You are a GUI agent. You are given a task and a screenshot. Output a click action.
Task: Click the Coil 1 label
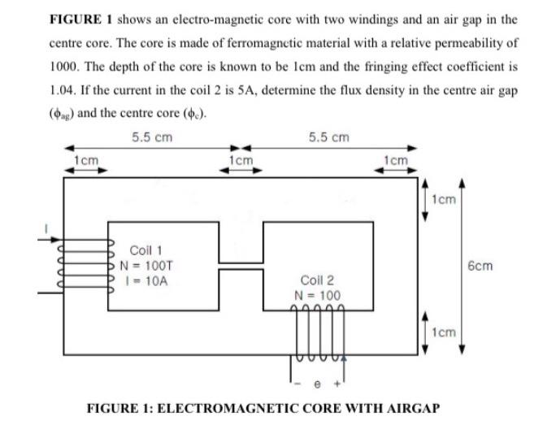pyautogui.click(x=147, y=250)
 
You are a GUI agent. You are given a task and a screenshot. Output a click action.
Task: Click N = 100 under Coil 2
pyautogui.click(x=318, y=294)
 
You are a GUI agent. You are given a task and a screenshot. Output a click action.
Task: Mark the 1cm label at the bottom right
pyautogui.click(x=445, y=332)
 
